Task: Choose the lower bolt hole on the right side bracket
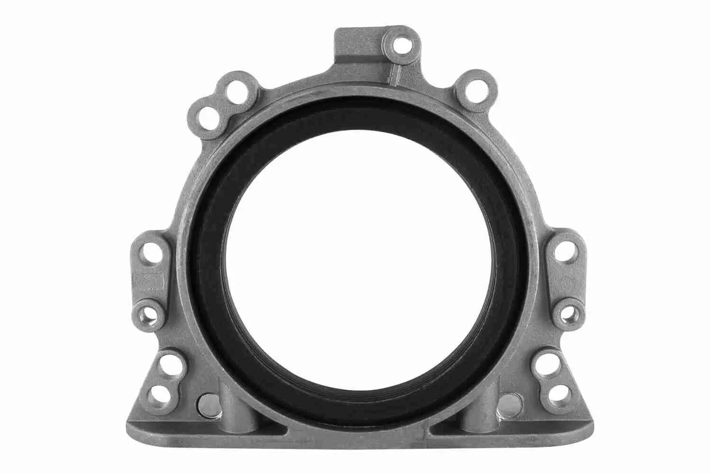tap(566, 313)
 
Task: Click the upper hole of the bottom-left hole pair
tap(167, 365)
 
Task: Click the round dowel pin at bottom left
tap(207, 404)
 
